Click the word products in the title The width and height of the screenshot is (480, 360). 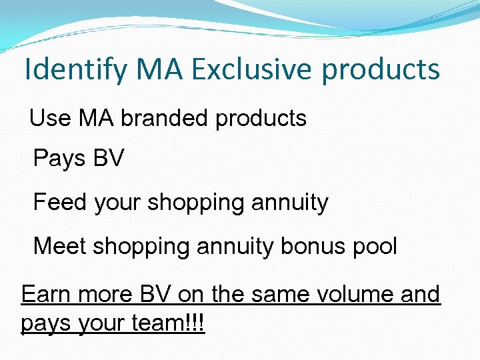tap(385, 70)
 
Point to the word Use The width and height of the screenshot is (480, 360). tap(50, 119)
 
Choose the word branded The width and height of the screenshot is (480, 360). tap(164, 119)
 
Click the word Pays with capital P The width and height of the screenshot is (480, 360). tap(59, 159)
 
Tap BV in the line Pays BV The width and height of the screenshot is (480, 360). tap(108, 159)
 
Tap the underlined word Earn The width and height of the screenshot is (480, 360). tap(47, 294)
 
